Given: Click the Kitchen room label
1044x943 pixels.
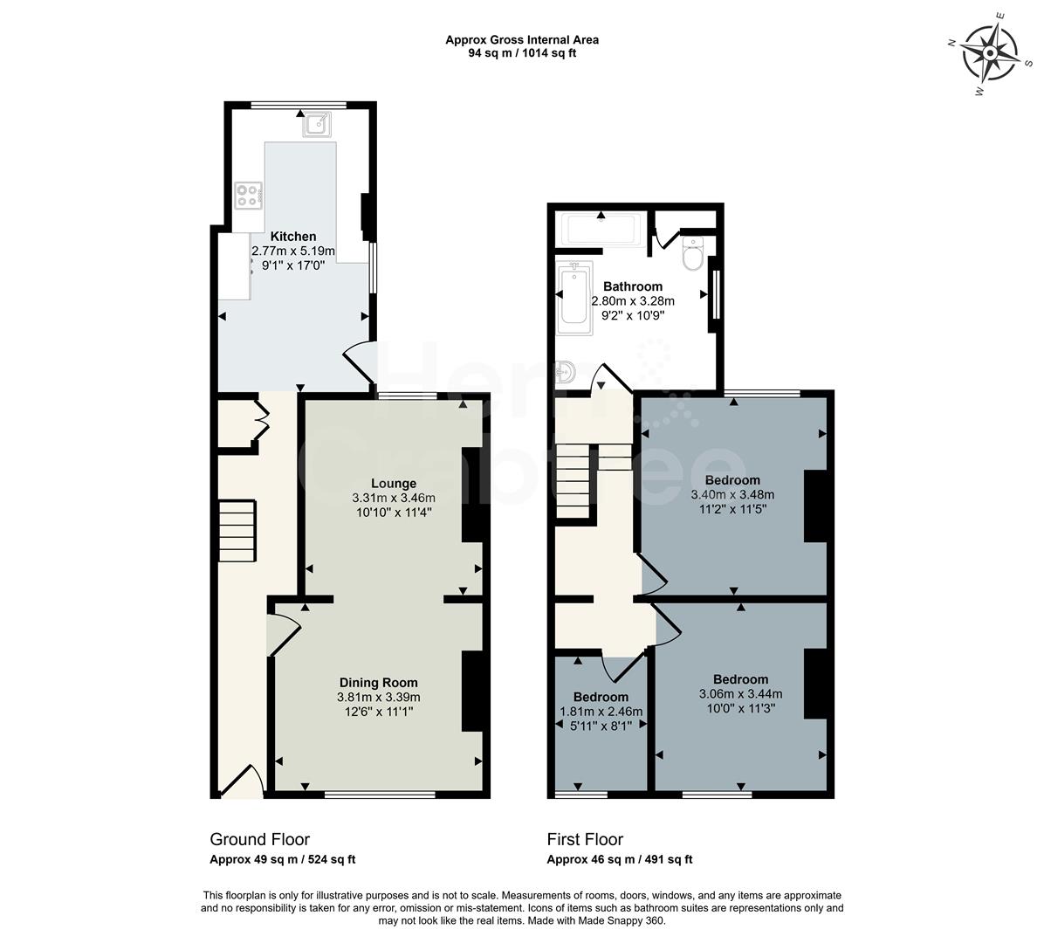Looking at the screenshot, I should (x=293, y=237).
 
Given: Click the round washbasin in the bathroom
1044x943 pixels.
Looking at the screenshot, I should (x=567, y=372).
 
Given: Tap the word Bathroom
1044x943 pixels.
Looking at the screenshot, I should (x=633, y=286).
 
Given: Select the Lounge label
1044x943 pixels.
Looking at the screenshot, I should (x=394, y=483).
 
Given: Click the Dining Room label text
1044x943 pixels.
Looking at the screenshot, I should (x=379, y=683).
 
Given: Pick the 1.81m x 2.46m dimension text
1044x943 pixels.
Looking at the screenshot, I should (x=601, y=712).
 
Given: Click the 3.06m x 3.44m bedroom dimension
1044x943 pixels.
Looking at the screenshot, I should (x=740, y=694).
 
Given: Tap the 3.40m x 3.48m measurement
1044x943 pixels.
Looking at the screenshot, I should (x=732, y=494).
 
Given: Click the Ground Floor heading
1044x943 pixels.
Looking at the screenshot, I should (x=259, y=840).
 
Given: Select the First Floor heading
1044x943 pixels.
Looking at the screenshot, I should (x=585, y=840).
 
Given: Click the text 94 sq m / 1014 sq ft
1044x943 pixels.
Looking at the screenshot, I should (x=522, y=53).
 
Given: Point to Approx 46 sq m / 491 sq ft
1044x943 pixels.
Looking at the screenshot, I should (x=619, y=860).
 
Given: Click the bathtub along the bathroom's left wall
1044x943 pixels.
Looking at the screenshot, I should (x=575, y=297).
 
